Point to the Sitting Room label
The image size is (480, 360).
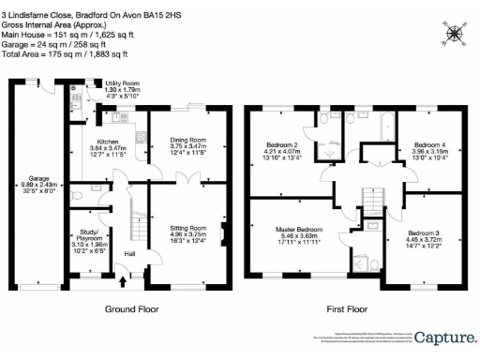pos(187,228)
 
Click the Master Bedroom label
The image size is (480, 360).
pos(298,230)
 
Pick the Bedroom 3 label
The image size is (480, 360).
pos(423,232)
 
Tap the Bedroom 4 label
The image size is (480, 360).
pos(429,145)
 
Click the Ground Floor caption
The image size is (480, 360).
pos(130,308)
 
